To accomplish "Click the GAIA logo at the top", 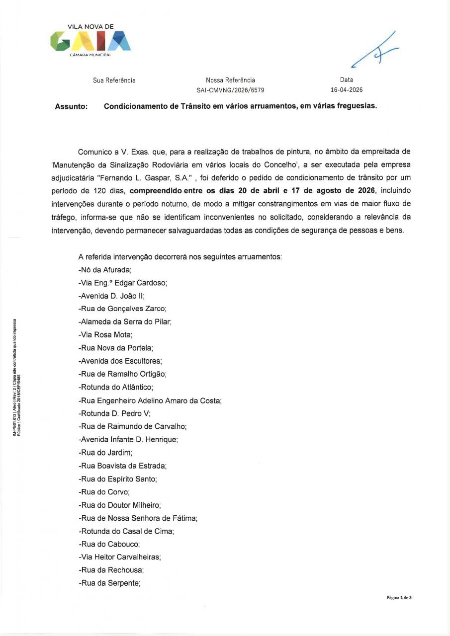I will [91, 40].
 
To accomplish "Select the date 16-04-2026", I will [347, 90].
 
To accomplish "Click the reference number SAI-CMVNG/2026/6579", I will [230, 90].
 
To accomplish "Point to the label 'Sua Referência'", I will [114, 80].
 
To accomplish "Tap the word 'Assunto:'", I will [71, 106].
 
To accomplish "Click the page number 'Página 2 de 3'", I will [399, 597].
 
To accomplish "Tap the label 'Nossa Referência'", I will [230, 80].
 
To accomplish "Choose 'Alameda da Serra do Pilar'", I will [125, 321].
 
